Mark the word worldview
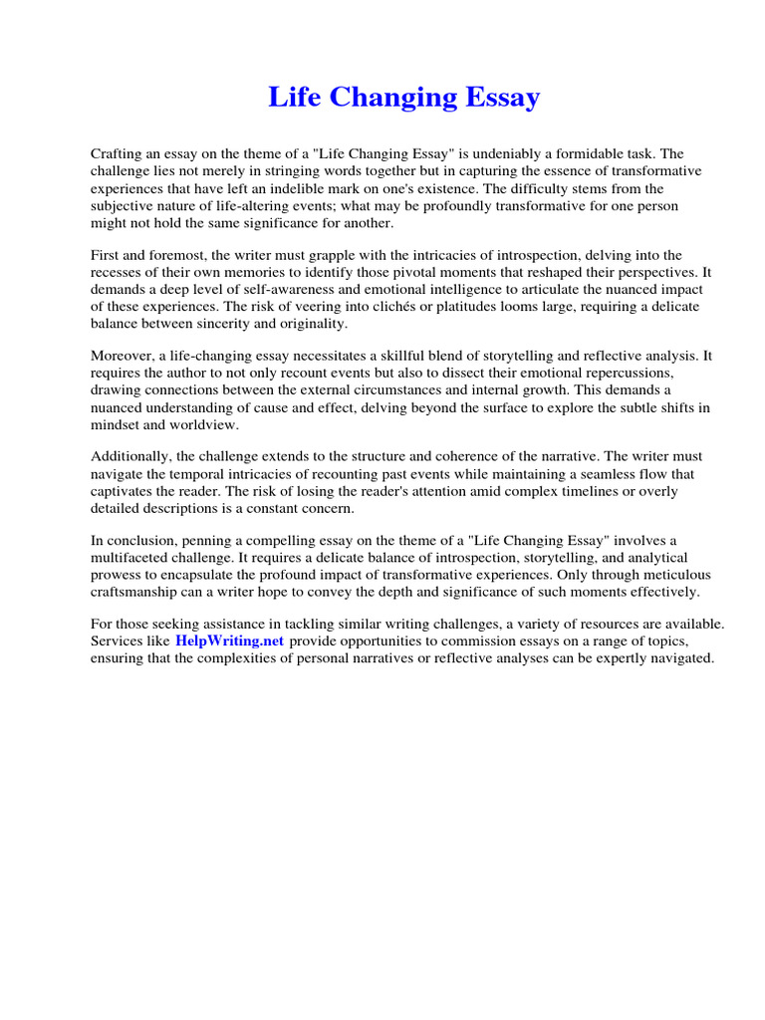(x=204, y=424)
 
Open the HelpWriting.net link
(x=230, y=641)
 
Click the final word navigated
(x=681, y=658)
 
